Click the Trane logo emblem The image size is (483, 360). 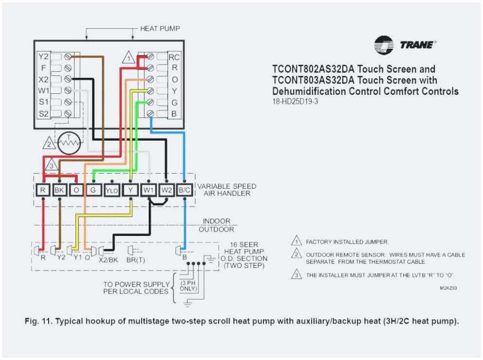[x=384, y=45]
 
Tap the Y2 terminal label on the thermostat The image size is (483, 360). [x=44, y=56]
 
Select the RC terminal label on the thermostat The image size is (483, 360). [x=174, y=57]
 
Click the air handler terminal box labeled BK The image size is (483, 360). [x=60, y=190]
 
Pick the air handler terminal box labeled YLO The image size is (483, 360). [x=111, y=191]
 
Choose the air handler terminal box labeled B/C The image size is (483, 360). [x=184, y=190]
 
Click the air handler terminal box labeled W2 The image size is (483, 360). [x=167, y=190]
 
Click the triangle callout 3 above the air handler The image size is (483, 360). [x=52, y=164]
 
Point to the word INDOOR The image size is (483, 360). [x=217, y=221]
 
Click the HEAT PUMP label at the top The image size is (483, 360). [x=160, y=29]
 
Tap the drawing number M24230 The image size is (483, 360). [x=448, y=288]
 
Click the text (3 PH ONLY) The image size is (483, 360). [x=189, y=286]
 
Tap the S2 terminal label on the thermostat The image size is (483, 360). [x=44, y=114]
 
